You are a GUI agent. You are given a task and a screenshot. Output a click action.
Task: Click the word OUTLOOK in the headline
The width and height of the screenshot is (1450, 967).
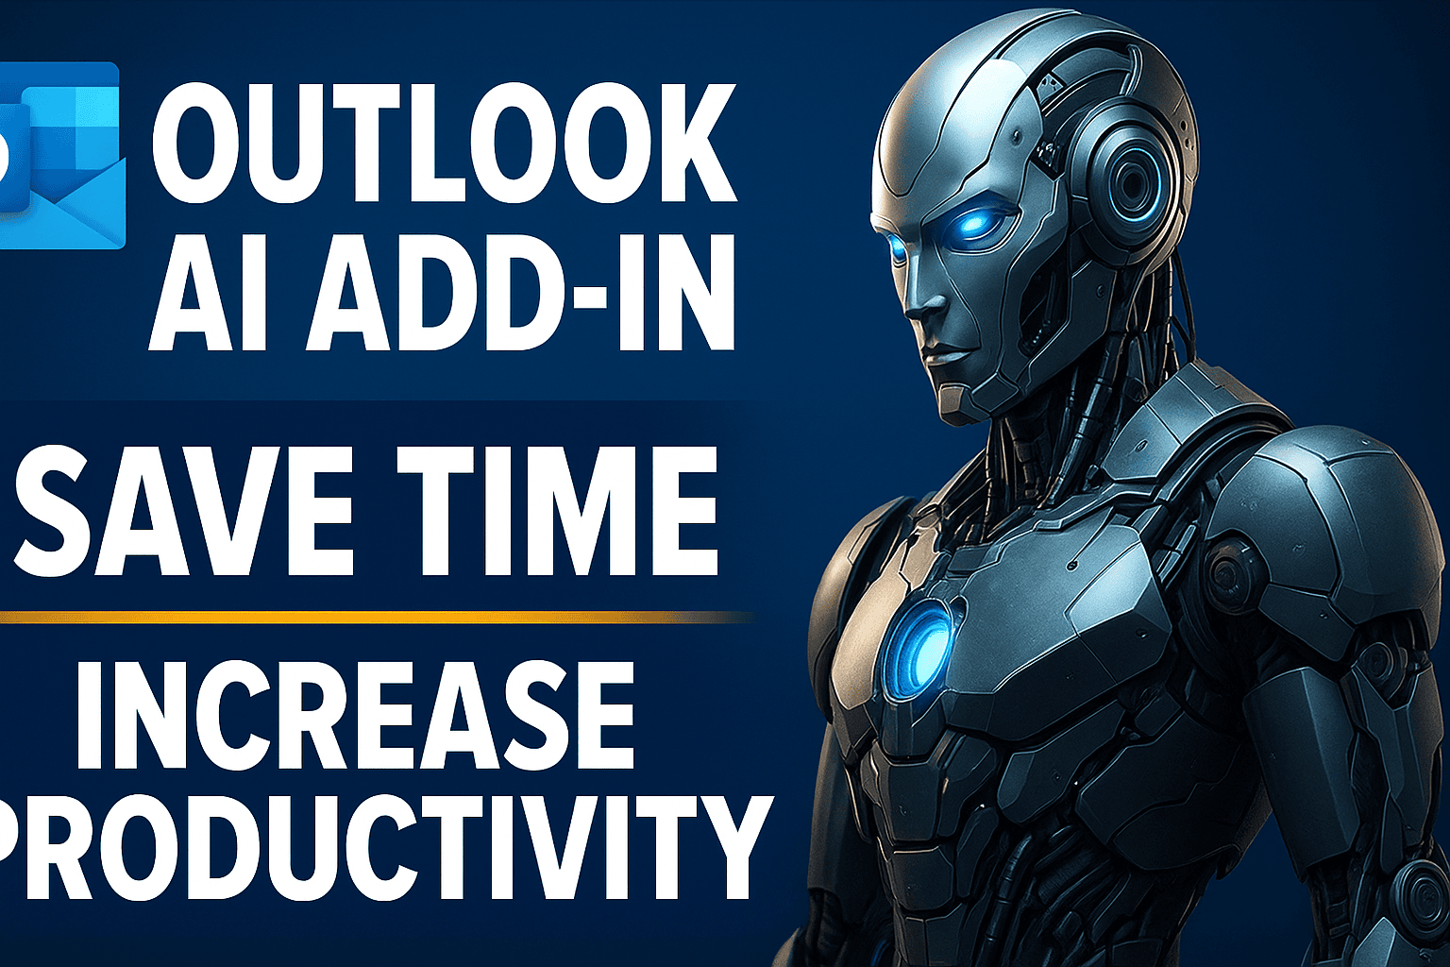point(444,144)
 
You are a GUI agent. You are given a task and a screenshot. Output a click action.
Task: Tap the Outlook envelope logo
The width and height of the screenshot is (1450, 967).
point(63,156)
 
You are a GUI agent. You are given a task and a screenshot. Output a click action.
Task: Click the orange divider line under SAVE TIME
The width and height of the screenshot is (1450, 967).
point(377,618)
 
